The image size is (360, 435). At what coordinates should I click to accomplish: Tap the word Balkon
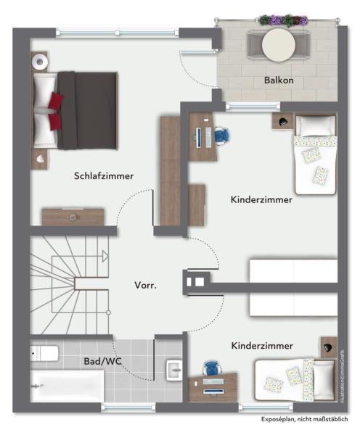(279, 80)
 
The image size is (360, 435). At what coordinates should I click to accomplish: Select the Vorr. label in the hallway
(145, 285)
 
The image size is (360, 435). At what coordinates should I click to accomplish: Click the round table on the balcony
(279, 45)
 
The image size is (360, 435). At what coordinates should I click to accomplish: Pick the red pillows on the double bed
(55, 109)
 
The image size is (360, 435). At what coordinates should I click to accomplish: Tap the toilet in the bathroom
(45, 354)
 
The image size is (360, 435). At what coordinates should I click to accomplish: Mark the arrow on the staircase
(104, 255)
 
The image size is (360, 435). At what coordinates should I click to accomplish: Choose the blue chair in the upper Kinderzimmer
(221, 134)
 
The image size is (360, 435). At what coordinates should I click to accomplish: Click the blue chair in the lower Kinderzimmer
(211, 368)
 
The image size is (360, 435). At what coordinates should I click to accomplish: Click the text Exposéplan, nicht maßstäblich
(306, 420)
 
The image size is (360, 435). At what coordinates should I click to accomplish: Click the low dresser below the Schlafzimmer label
(73, 217)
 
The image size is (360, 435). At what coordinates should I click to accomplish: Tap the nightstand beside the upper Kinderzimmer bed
(282, 120)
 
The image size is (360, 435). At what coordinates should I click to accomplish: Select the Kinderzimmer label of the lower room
(262, 346)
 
